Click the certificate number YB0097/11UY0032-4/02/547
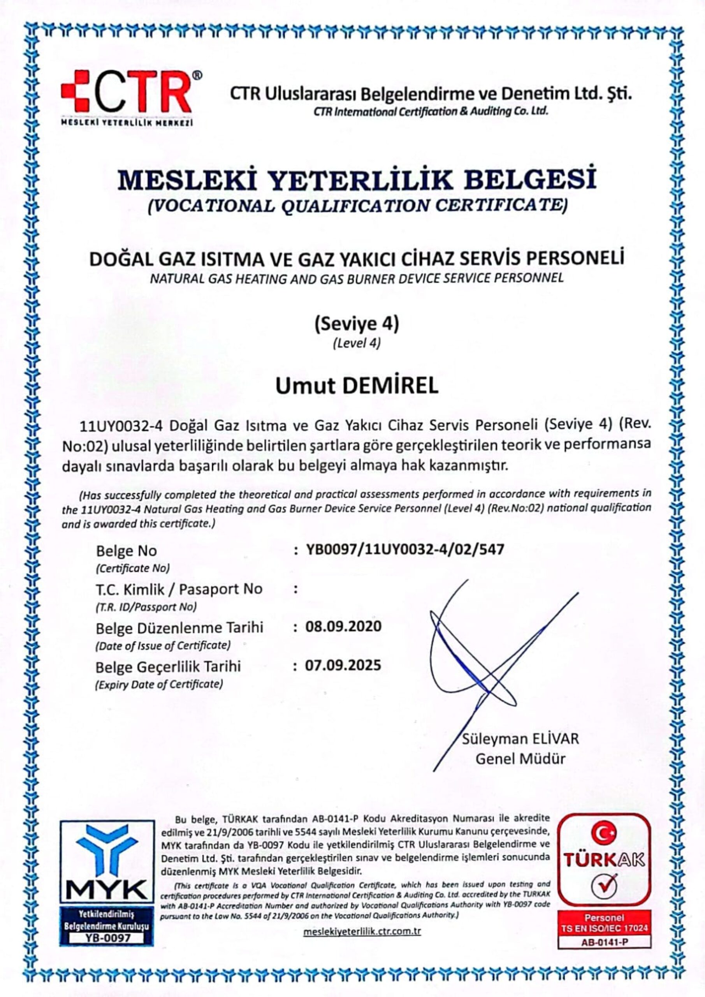(405, 550)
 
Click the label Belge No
(127, 551)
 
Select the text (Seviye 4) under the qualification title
(357, 324)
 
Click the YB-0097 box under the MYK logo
(107, 934)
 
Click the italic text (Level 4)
(357, 343)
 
